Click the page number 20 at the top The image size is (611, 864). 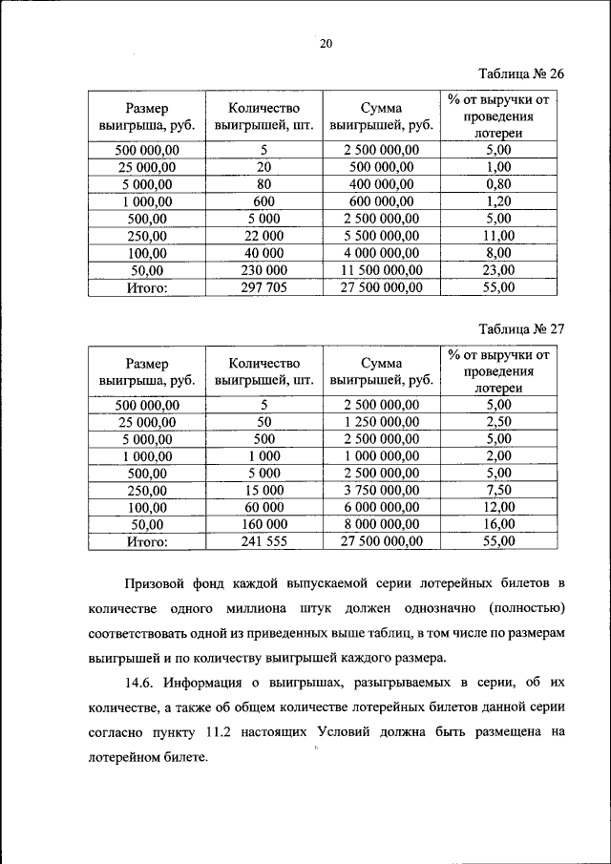(327, 43)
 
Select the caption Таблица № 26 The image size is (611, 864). (521, 74)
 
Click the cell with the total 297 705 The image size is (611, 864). (263, 287)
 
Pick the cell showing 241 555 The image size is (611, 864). (263, 541)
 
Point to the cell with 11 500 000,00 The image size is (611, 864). (381, 270)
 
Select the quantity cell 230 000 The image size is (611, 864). (263, 270)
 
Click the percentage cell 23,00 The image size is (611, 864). (498, 270)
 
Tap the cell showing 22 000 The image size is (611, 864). (263, 236)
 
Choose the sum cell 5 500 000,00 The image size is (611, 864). (381, 236)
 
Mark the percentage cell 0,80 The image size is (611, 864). (498, 184)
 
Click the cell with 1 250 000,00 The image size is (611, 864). (381, 421)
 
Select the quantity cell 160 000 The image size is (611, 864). (263, 524)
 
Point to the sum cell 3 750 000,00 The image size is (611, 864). (381, 490)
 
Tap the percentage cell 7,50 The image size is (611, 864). (498, 490)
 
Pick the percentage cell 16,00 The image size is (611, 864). (498, 524)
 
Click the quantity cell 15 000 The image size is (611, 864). (263, 490)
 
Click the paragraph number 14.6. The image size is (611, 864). (139, 685)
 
